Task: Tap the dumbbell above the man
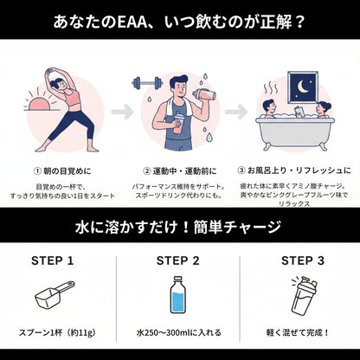[147, 83]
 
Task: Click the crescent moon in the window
[303, 87]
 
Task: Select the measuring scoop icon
[55, 294]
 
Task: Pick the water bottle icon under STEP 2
[177, 294]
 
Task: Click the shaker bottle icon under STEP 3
[304, 297]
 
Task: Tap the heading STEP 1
[53, 260]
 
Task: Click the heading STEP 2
[178, 260]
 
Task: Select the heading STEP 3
[303, 260]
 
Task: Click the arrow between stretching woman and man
[122, 112]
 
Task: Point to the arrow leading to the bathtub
[236, 112]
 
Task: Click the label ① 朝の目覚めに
[62, 171]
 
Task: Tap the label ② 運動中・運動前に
[180, 171]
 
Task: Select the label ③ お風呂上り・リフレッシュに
[294, 170]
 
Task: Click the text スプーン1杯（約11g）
[58, 332]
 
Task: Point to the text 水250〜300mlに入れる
[179, 332]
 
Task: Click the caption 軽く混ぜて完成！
[298, 332]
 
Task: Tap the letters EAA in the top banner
[132, 22]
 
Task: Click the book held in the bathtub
[299, 112]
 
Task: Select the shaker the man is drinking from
[204, 95]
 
